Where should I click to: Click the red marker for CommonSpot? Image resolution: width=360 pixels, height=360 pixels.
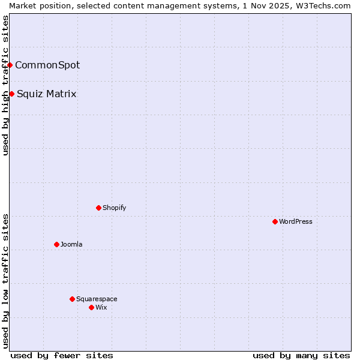10,65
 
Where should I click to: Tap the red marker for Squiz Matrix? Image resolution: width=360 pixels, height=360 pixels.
12,94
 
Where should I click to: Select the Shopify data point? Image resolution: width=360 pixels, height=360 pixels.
98,208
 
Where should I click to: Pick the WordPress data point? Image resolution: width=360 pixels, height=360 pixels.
275,221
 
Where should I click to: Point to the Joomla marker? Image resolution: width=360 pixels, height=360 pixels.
56,244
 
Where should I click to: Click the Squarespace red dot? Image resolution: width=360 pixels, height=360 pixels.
72,299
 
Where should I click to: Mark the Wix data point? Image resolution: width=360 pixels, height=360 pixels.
91,307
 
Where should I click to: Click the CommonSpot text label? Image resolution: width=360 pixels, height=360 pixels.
47,65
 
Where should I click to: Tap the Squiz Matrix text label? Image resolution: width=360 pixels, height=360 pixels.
47,94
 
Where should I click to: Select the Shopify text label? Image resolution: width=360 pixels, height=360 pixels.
114,208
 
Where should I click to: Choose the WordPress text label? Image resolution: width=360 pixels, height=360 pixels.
295,221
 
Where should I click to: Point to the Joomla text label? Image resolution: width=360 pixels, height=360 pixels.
71,244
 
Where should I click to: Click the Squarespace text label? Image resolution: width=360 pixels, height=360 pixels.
97,299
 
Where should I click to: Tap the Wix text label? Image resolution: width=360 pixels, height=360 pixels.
101,307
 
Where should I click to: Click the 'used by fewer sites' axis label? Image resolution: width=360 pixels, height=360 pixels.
62,355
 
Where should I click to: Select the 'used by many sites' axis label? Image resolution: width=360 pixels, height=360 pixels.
301,355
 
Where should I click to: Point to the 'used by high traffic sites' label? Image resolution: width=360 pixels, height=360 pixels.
5,85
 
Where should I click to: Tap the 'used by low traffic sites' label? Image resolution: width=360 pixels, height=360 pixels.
5,281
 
